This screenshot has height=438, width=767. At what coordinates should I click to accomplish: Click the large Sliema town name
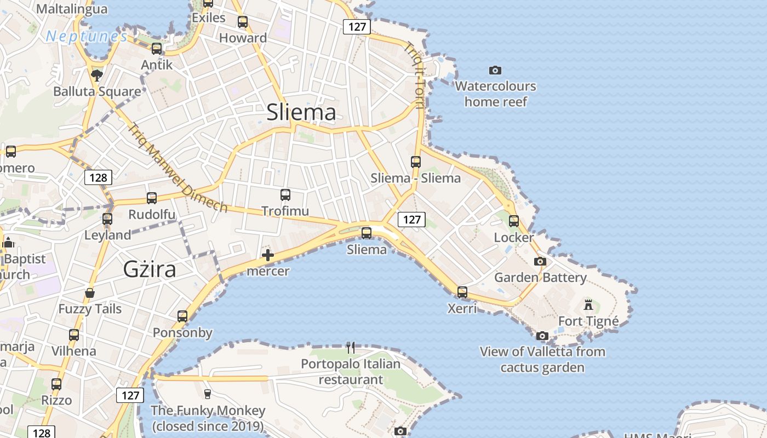point(301,112)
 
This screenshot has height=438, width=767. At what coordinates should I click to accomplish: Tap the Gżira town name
point(150,269)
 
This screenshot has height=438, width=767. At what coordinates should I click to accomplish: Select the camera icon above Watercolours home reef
point(495,70)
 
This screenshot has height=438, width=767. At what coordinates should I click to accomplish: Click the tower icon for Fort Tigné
point(588,304)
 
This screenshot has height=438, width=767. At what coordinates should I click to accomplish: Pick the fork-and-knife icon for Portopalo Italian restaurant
point(351,347)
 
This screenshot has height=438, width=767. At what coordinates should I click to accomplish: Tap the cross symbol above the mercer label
point(268,255)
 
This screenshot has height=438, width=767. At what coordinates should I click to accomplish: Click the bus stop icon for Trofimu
point(285,194)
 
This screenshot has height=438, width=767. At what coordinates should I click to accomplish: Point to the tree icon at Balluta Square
point(97,75)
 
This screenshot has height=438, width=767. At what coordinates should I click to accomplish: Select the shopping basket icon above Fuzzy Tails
point(90,293)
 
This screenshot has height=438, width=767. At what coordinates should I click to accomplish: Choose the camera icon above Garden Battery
point(540,261)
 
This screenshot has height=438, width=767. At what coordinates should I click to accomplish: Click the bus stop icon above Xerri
point(462,292)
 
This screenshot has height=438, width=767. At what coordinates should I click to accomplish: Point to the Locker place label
point(513,238)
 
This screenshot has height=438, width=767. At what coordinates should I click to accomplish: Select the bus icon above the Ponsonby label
point(182,316)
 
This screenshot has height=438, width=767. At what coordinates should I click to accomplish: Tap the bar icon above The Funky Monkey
point(207,394)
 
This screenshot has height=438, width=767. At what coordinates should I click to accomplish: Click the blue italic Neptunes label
point(87,37)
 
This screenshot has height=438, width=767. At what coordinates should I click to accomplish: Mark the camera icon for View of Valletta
point(542,336)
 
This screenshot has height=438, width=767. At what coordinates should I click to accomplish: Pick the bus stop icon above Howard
point(243,22)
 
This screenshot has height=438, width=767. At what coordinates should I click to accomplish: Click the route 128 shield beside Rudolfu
point(98,177)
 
